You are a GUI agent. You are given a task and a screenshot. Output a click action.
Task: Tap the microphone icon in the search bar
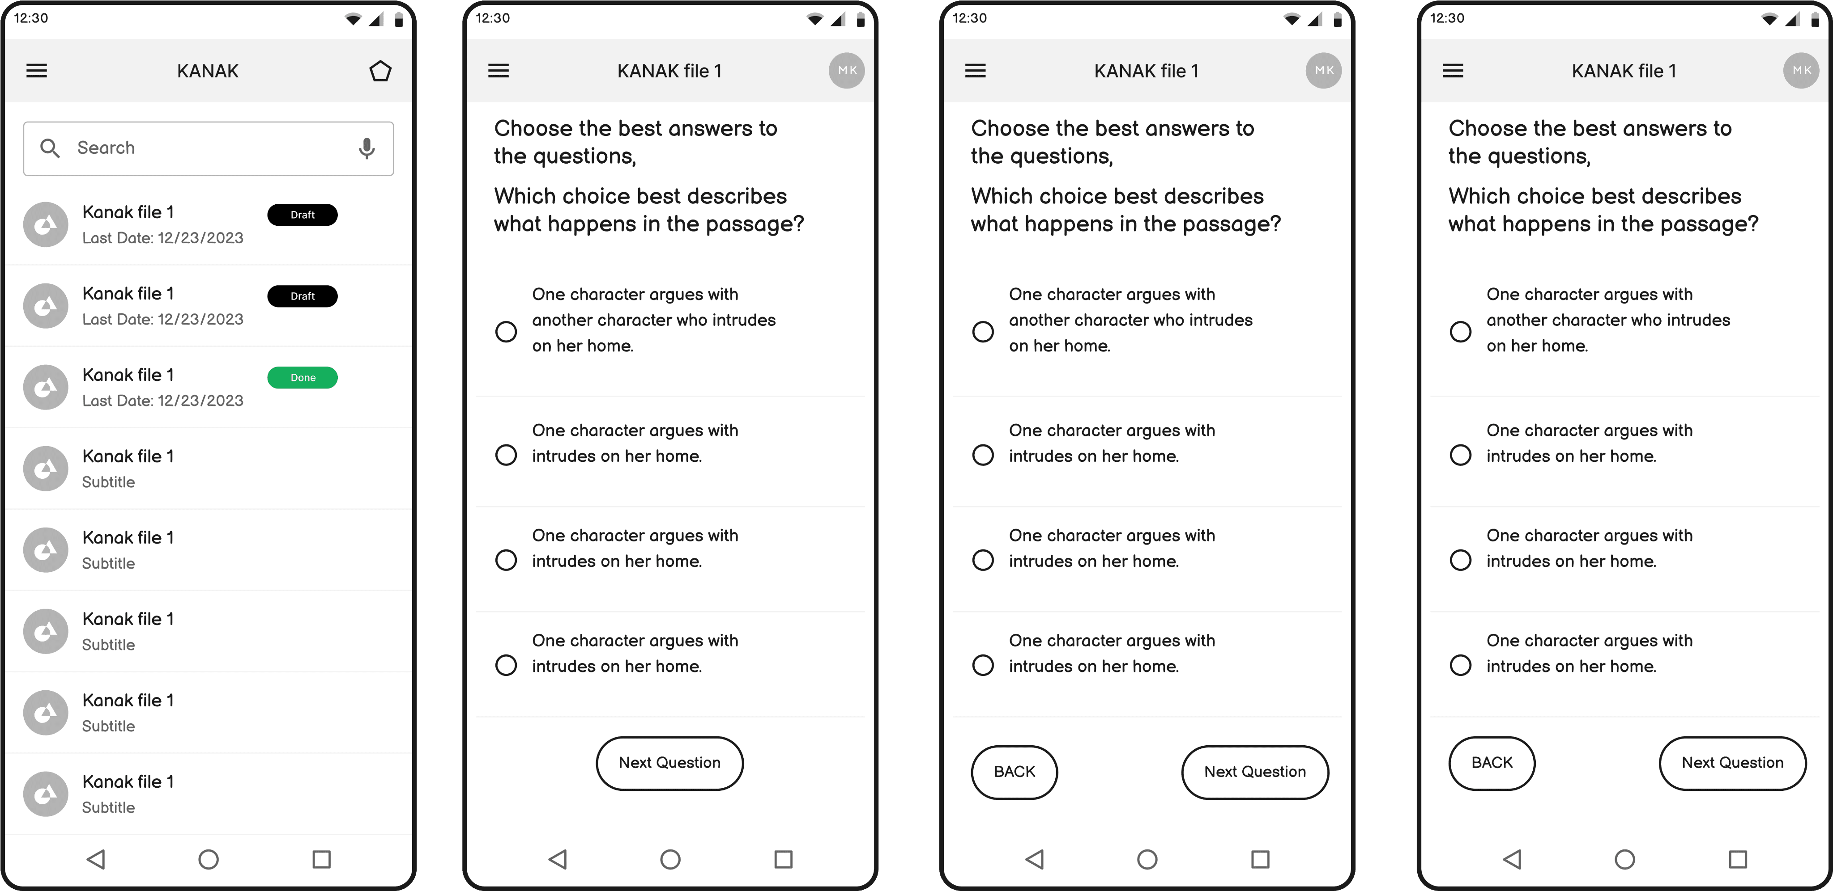point(367,148)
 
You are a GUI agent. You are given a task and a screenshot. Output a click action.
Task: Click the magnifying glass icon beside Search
point(50,148)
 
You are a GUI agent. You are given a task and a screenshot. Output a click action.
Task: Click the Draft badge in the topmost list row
point(303,215)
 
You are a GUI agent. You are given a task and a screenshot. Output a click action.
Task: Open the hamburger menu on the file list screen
point(37,70)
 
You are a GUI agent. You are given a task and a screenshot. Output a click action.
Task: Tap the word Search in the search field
point(106,148)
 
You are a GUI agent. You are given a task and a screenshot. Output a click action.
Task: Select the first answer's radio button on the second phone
point(506,331)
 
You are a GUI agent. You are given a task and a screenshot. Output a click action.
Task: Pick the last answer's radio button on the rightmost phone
point(1460,665)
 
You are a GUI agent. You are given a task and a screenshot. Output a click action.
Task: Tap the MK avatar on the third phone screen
point(1324,70)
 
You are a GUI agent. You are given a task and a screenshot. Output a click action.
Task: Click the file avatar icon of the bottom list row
point(46,794)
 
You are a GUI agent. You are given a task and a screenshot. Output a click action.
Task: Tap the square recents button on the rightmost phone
point(1738,859)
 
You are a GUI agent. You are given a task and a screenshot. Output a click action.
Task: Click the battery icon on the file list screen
point(398,19)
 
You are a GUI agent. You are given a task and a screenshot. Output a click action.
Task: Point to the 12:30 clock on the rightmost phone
point(1447,18)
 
